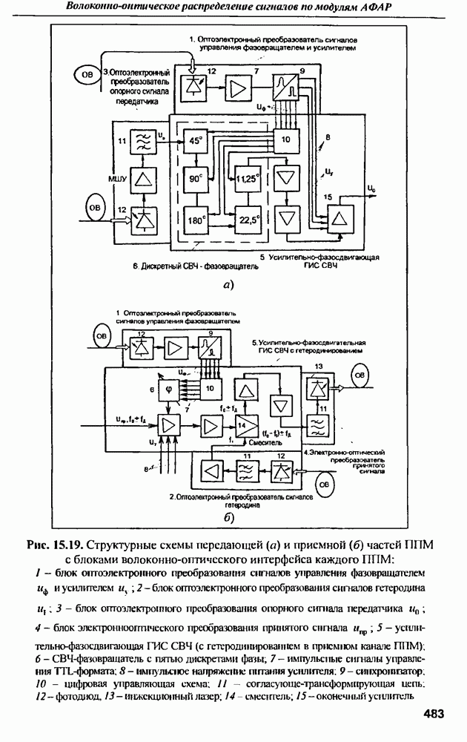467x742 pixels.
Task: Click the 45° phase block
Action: click(x=196, y=140)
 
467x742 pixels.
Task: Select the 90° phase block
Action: click(x=196, y=179)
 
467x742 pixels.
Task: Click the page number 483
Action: click(x=433, y=714)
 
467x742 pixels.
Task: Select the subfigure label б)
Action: click(x=228, y=517)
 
